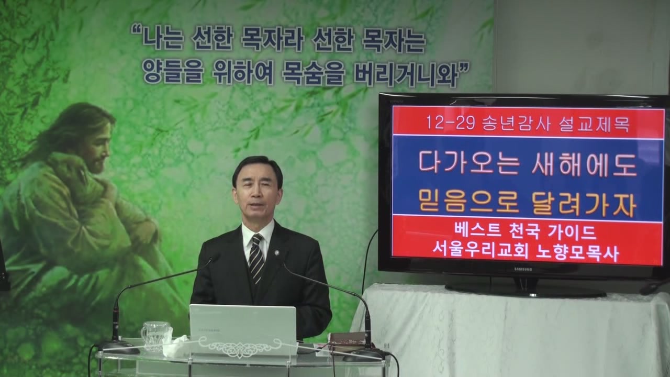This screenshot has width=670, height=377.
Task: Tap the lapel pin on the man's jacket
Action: (x=277, y=252)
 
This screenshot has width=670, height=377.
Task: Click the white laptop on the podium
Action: (x=243, y=329)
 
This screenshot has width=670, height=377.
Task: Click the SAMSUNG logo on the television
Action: (x=523, y=270)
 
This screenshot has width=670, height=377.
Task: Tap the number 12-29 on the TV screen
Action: (x=451, y=123)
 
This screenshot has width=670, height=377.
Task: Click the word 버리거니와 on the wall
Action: (x=406, y=75)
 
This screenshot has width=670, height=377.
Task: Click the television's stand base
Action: (x=525, y=290)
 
